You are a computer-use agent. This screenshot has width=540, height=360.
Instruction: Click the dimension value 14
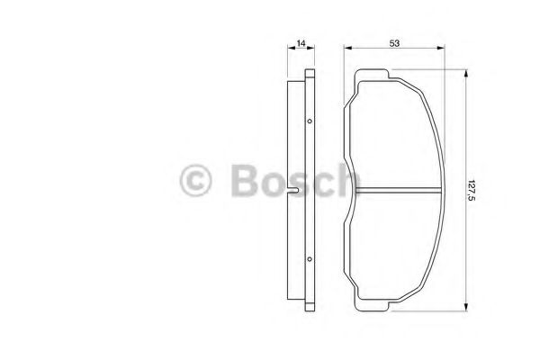301,43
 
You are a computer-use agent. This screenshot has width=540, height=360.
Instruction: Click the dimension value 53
394,43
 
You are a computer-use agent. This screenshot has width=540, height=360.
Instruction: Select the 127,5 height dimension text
471,190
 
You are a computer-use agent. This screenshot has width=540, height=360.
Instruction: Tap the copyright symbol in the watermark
195,181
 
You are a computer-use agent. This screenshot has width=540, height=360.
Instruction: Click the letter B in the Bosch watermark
245,181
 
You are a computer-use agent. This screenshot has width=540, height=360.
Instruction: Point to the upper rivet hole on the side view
310,121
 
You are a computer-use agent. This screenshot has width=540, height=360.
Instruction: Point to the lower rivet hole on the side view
310,258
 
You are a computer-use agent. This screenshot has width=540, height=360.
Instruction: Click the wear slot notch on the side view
293,190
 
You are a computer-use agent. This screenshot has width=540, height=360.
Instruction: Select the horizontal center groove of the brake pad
398,190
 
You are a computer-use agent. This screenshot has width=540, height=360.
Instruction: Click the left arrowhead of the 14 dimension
291,48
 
